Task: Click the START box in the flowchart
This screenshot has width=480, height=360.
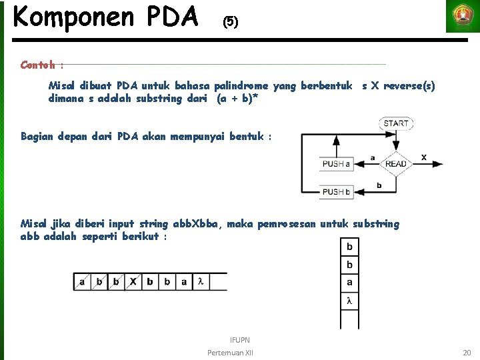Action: click(x=396, y=123)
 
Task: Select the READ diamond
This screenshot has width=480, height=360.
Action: click(x=396, y=164)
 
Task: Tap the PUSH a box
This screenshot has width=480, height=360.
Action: click(x=337, y=164)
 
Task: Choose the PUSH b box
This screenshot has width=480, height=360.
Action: click(x=337, y=192)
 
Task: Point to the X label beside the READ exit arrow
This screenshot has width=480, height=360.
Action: click(x=424, y=157)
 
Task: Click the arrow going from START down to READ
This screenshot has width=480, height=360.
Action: click(x=396, y=140)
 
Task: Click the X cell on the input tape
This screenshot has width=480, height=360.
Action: click(x=133, y=282)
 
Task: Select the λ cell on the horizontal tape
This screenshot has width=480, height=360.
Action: click(x=201, y=282)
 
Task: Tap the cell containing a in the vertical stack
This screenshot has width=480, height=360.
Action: click(x=349, y=283)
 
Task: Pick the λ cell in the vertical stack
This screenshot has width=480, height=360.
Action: click(x=349, y=301)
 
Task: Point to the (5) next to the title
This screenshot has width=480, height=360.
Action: click(x=229, y=22)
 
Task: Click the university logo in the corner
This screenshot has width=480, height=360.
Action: click(x=462, y=17)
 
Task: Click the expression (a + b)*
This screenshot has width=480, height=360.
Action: click(x=237, y=99)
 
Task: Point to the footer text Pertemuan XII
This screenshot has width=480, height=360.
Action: click(x=230, y=352)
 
